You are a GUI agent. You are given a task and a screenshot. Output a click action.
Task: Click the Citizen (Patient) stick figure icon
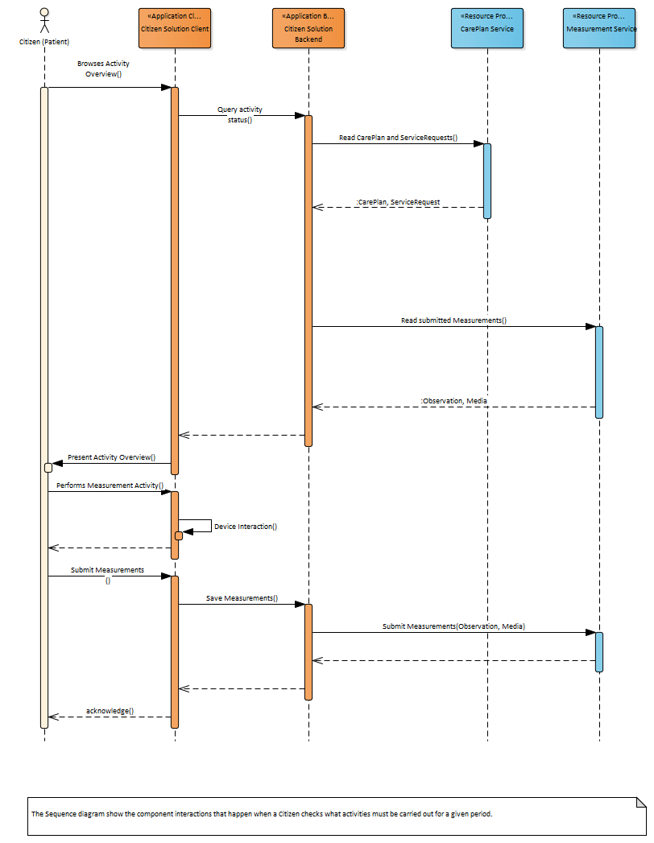[44, 21]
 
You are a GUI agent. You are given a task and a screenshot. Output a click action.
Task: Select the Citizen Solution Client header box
[175, 28]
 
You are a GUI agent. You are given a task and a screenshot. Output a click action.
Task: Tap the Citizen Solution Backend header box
[308, 28]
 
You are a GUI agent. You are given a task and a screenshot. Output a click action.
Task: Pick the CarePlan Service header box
[486, 28]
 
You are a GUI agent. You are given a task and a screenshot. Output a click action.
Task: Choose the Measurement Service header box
[599, 28]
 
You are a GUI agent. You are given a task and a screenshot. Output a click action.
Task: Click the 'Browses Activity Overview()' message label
[103, 68]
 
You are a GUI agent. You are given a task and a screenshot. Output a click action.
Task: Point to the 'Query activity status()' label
[240, 114]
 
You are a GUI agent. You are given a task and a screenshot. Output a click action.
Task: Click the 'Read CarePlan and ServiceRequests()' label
[398, 138]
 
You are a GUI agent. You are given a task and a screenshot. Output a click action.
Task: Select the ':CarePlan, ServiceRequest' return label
[398, 202]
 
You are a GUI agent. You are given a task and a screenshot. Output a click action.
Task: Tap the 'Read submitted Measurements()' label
[453, 320]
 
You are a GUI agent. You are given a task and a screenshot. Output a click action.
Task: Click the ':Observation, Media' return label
[453, 401]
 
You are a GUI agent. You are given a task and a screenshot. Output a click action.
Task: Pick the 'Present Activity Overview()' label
[111, 457]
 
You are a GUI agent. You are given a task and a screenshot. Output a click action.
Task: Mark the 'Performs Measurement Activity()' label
[110, 486]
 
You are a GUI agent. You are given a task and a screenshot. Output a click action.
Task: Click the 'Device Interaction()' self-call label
[246, 527]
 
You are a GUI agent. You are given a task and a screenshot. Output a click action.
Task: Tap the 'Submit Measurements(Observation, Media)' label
[453, 626]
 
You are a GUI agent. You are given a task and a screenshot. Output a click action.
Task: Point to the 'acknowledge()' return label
[110, 712]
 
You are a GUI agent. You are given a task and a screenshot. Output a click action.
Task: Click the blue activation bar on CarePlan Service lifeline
[486, 181]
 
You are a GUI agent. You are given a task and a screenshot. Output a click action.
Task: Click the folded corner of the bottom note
[641, 802]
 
